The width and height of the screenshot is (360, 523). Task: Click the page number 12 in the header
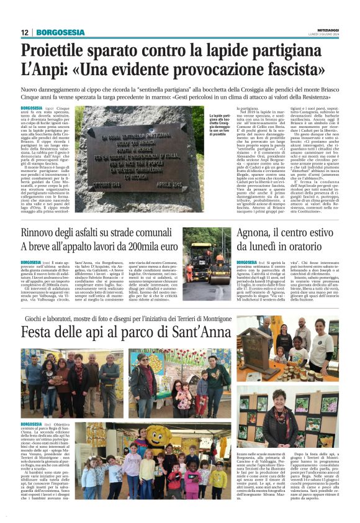[x=25, y=32]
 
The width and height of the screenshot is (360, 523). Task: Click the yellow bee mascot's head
[x=159, y=434]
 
